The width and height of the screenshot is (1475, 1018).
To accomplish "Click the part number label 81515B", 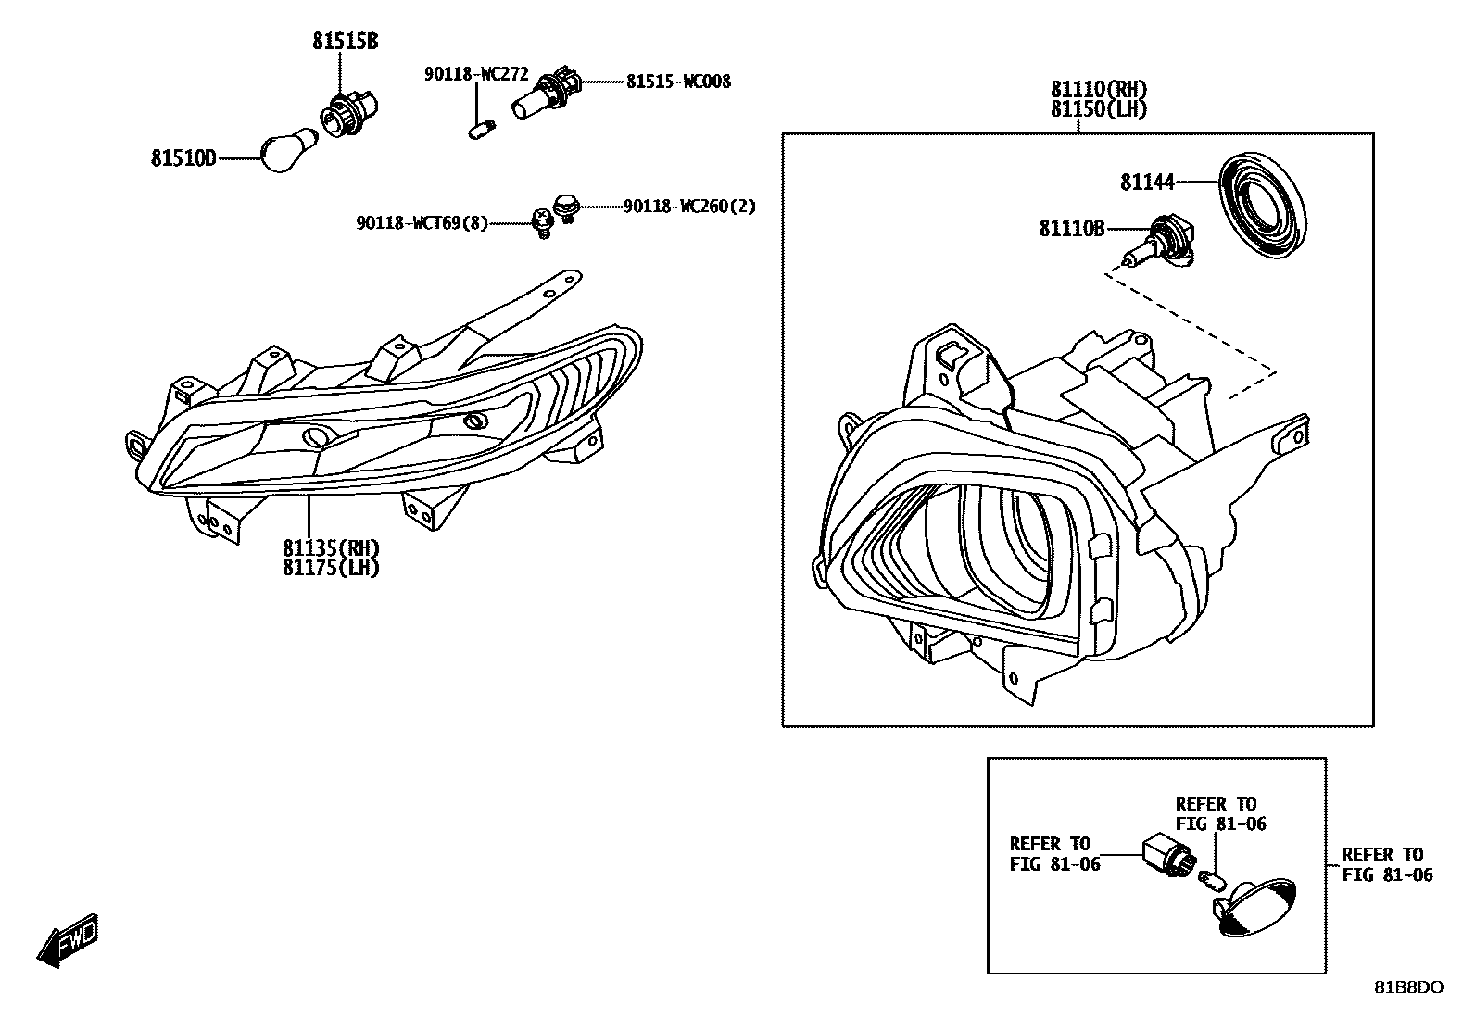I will click(x=345, y=42).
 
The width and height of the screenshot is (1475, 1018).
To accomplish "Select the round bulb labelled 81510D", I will click(x=289, y=151).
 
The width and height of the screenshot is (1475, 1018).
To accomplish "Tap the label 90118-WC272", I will click(x=476, y=74).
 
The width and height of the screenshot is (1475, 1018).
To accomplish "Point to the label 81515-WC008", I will click(x=678, y=82).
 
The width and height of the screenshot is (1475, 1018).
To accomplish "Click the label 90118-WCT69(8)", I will click(x=422, y=222).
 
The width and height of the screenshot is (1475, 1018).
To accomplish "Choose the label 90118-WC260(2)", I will click(x=689, y=206).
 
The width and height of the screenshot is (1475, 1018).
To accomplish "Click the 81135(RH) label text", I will click(x=332, y=548).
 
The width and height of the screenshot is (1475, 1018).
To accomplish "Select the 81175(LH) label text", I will click(x=332, y=568).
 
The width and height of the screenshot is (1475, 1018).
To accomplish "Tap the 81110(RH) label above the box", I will click(x=1099, y=90).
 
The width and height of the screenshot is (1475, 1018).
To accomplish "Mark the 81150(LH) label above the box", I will click(x=1099, y=109).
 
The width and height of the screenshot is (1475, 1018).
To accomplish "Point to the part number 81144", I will click(x=1148, y=182).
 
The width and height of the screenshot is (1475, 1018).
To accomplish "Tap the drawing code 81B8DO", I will click(x=1407, y=987).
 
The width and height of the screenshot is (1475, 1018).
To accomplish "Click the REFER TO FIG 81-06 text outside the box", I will click(x=1387, y=864).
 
